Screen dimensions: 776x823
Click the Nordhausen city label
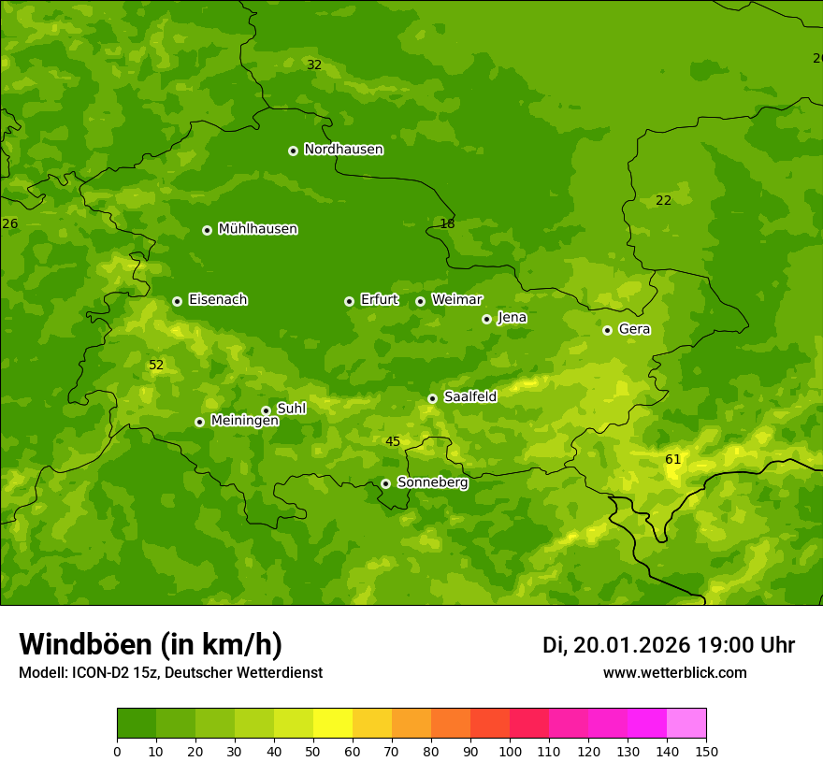pos(343,150)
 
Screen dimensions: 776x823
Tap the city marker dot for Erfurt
pos(349,301)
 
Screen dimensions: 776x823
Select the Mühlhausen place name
pos(257,229)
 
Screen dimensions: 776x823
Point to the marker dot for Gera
pos(607,330)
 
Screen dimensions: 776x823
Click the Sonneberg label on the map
pos(432,482)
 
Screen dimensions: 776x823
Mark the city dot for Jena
pos(486,319)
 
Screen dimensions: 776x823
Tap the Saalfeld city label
pos(469,397)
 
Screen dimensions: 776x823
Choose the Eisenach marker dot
pos(177,301)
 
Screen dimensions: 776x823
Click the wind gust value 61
pos(672,459)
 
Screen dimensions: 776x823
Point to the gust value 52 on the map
pos(156,366)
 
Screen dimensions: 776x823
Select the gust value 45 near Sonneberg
pos(393,442)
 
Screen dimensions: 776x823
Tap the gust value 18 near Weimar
pos(447,223)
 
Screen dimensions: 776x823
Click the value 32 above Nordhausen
pos(314,65)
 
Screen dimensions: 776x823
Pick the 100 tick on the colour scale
pos(510,751)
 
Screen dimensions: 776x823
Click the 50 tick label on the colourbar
pos(313,751)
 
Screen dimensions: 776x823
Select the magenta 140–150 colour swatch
pos(686,724)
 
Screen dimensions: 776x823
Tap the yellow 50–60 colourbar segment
pos(333,724)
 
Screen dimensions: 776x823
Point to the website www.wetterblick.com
pos(674,672)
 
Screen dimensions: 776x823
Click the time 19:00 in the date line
pos(729,645)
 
